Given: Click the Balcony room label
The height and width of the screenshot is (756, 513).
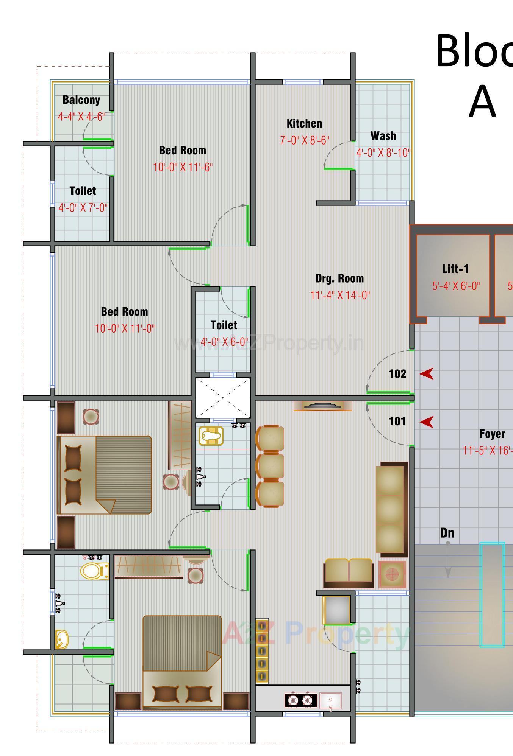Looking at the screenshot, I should click(81, 100).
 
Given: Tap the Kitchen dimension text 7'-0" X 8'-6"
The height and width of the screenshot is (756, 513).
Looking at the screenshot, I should click(304, 140).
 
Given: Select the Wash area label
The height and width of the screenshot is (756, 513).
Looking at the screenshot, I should click(383, 136).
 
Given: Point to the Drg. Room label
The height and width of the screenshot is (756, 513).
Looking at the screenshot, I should click(339, 278).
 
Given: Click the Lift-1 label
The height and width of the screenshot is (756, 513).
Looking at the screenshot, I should click(455, 269).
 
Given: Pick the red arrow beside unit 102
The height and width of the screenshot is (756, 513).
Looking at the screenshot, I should click(427, 374).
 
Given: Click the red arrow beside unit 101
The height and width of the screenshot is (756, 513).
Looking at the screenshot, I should click(427, 422).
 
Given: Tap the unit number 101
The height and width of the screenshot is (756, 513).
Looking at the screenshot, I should click(397, 421).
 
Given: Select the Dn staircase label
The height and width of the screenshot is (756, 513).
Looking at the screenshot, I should click(447, 533).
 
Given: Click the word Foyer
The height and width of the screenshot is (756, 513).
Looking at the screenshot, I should click(492, 434).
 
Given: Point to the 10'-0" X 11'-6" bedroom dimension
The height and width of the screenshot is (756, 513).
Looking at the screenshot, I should click(183, 167).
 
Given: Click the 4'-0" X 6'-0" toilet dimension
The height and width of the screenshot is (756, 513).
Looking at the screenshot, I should click(224, 342).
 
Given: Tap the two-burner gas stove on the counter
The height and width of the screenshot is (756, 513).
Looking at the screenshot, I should click(301, 700).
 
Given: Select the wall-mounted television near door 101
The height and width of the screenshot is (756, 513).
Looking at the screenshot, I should click(323, 406).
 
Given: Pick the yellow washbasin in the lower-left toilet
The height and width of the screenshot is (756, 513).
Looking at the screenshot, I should click(61, 639).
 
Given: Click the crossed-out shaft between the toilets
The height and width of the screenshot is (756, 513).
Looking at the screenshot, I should click(223, 398).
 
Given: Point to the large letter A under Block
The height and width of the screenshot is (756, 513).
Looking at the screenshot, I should click(482, 101).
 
